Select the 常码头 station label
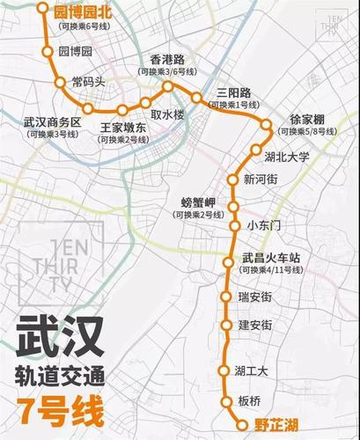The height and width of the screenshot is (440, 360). [89, 81]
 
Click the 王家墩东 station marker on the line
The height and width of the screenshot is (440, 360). [121, 110]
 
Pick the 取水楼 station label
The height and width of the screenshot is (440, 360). [166, 114]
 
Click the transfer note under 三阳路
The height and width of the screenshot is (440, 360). [235, 106]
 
